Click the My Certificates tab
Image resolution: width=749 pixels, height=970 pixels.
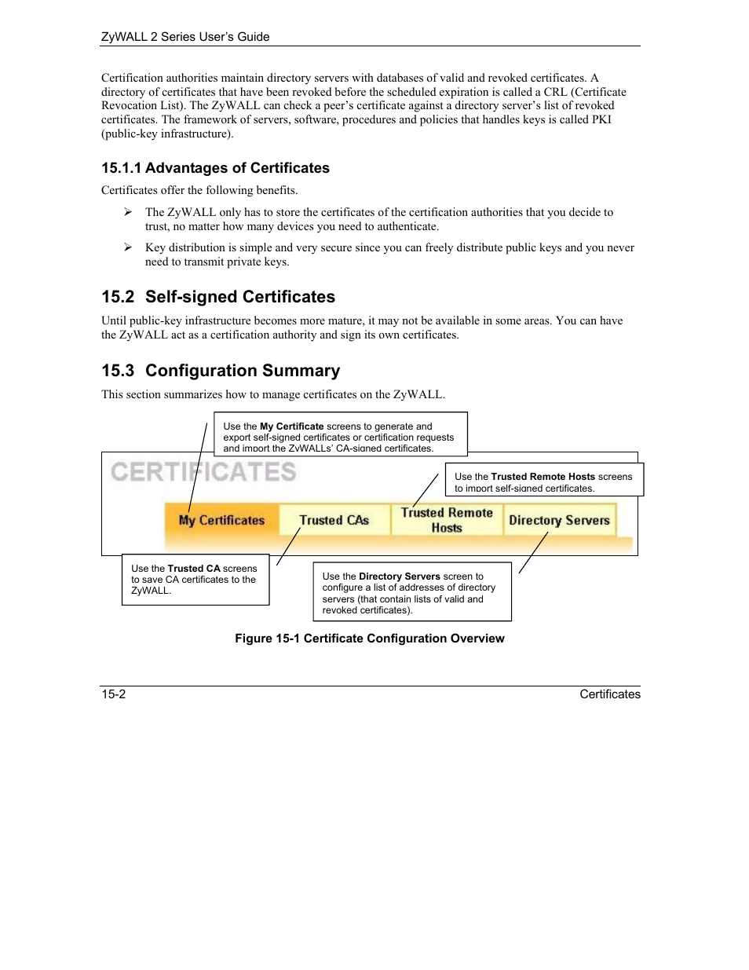(221, 520)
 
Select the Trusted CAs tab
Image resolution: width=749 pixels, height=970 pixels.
(334, 520)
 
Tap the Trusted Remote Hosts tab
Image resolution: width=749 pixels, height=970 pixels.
(447, 520)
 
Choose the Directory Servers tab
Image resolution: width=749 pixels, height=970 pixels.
(559, 520)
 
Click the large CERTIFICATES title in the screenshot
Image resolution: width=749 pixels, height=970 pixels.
(203, 472)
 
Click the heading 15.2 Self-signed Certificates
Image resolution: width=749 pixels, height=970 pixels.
(218, 297)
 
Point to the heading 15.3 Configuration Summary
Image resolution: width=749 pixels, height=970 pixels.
(221, 371)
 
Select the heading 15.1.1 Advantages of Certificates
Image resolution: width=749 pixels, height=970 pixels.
(215, 168)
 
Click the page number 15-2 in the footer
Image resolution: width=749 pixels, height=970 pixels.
(113, 694)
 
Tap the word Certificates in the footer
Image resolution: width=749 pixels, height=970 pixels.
(610, 694)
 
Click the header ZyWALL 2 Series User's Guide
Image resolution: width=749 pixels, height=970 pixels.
(185, 37)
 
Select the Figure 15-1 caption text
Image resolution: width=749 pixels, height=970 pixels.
(369, 639)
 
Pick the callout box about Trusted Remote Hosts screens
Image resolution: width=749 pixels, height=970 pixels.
(543, 480)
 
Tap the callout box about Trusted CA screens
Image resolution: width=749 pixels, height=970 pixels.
(195, 580)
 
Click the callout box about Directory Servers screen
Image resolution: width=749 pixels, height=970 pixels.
(411, 591)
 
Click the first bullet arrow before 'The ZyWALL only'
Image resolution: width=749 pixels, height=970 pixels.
(127, 212)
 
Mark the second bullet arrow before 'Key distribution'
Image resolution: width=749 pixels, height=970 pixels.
(127, 247)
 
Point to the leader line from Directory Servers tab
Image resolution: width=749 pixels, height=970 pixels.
(533, 553)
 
